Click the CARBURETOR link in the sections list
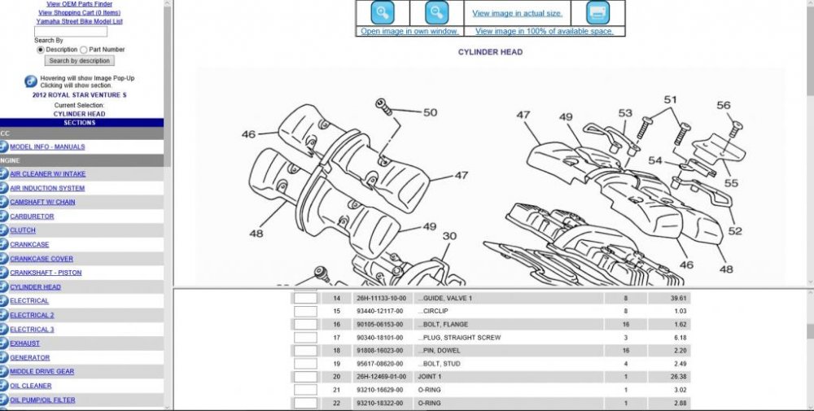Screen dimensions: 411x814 coord(32,216)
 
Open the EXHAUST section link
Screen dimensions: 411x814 coord(25,343)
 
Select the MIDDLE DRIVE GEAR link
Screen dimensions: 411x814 coord(42,372)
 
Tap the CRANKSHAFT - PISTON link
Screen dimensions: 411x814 coord(46,273)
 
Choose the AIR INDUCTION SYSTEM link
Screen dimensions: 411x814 coord(47,188)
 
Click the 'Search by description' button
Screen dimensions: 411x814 coord(79,60)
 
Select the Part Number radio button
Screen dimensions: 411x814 coord(84,50)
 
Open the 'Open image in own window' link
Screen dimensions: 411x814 coord(410,32)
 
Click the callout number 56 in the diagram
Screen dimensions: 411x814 coord(723,106)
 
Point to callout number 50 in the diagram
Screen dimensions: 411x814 coord(430,113)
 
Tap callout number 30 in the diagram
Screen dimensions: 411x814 coord(449,237)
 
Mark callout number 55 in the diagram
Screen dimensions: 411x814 coord(731,184)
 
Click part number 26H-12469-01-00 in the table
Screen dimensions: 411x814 coord(380,377)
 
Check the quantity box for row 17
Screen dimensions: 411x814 coord(305,338)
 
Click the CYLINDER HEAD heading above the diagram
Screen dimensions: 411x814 coord(490,52)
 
